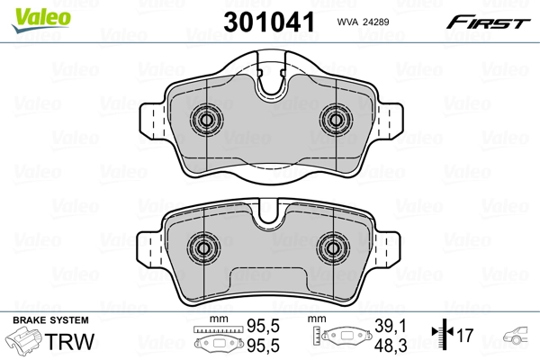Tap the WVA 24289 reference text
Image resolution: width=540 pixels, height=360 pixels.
point(362,21)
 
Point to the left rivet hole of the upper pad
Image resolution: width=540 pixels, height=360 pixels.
point(205,121)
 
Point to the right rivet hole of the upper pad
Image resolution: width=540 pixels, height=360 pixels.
point(334,121)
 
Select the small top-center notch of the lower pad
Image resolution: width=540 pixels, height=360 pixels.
point(269,218)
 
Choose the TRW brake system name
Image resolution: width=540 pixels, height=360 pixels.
point(72,342)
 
